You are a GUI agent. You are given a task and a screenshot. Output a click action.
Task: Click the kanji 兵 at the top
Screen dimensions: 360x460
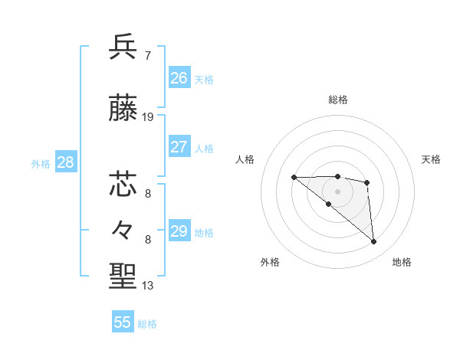click(x=123, y=47)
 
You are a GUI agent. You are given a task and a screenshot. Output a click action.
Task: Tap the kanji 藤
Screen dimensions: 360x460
click(x=123, y=109)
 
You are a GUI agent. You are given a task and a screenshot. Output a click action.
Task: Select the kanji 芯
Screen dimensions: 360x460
click(x=123, y=185)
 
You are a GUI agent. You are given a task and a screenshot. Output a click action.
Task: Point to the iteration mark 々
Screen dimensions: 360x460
click(x=123, y=229)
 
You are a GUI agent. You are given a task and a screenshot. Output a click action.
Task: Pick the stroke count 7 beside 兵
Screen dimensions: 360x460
click(x=147, y=56)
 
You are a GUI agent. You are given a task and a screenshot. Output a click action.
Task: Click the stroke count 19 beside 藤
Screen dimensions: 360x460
click(x=149, y=117)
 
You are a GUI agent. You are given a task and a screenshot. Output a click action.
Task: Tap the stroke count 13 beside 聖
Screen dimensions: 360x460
click(x=148, y=286)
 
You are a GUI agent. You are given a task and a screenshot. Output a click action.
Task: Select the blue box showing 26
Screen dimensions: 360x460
click(x=179, y=77)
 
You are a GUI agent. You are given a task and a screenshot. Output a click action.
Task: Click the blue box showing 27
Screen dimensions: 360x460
click(x=179, y=147)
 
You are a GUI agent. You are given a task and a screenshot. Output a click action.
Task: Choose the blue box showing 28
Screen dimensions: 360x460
click(x=65, y=162)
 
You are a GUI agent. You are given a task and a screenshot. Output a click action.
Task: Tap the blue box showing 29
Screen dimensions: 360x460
click(x=179, y=231)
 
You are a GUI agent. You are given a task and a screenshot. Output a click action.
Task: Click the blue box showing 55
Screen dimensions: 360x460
click(x=123, y=322)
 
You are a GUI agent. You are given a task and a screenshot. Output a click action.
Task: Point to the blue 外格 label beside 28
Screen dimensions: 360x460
click(x=41, y=163)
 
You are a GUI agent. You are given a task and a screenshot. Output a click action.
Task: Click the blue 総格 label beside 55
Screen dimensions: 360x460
click(x=147, y=324)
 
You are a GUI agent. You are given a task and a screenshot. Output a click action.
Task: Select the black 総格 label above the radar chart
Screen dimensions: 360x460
click(x=338, y=100)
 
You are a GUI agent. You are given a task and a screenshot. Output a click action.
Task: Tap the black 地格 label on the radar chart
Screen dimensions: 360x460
click(x=402, y=263)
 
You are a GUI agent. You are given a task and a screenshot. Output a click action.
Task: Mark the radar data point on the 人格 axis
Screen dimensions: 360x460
click(x=294, y=177)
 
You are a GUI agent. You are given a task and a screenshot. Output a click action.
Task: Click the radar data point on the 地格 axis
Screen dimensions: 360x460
click(x=373, y=241)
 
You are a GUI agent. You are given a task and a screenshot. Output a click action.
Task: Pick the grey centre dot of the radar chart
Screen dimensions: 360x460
click(x=337, y=191)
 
